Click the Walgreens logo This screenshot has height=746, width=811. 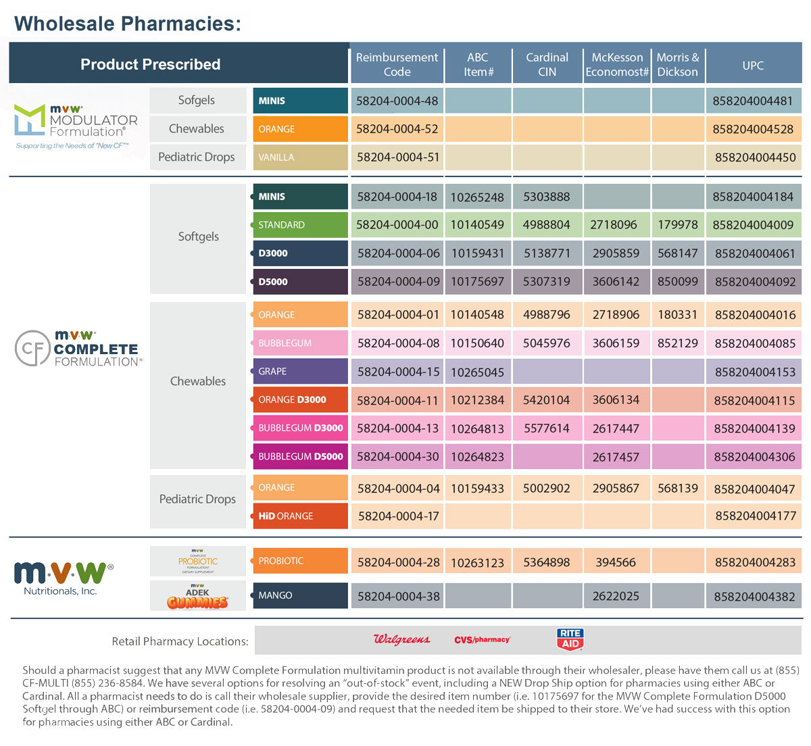(x=401, y=639)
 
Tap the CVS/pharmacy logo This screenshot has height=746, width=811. (x=482, y=640)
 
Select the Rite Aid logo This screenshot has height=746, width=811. (x=570, y=639)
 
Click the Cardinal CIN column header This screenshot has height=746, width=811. (x=547, y=65)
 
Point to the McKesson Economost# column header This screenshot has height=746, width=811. (x=617, y=65)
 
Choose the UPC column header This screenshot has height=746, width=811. (x=753, y=66)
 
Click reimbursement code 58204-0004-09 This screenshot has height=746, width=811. (x=398, y=281)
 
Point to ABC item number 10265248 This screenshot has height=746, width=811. (x=477, y=197)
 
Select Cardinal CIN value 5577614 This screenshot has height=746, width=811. (x=547, y=428)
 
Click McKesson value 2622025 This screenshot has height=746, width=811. (x=616, y=596)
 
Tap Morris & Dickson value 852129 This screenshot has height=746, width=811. (x=678, y=343)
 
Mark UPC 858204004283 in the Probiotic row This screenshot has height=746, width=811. (x=755, y=562)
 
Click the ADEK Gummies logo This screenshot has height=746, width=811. (x=197, y=596)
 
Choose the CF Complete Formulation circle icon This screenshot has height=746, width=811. (x=32, y=348)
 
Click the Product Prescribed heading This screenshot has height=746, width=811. (x=151, y=64)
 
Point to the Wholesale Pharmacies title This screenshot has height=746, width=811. (x=128, y=24)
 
